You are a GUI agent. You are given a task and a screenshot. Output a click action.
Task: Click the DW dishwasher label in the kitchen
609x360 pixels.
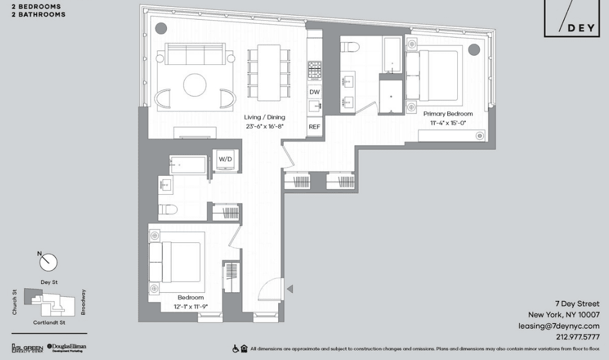coord(315,92)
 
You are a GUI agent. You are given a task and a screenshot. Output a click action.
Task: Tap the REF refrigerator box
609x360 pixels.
coord(315,127)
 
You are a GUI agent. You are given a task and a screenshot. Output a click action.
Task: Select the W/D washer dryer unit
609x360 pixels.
coord(225,160)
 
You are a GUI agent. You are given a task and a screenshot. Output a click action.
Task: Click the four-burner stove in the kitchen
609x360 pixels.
coord(315,70)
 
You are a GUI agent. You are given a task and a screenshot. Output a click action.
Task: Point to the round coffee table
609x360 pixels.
coord(195,85)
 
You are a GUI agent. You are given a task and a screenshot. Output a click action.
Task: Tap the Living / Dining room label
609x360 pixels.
coord(264,117)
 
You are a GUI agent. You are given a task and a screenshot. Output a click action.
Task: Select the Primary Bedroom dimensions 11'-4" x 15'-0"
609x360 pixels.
coord(448,123)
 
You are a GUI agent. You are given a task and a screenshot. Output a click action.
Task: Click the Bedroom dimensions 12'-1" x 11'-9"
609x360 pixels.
coord(191,306)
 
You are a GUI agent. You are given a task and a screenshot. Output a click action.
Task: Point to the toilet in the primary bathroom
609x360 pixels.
coord(349,47)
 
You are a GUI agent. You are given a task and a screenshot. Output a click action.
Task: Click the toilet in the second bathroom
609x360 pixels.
coord(168,210)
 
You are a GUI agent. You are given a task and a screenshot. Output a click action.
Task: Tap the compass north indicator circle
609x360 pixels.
coord(49,263)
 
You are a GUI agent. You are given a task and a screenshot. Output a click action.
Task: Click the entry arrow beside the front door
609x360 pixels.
coord(290,289)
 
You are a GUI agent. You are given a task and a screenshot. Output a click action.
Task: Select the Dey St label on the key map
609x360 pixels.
coord(49,282)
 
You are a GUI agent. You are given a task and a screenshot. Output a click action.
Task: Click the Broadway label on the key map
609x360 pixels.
coord(83,302)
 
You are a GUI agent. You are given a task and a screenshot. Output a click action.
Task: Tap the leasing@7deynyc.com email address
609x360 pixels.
coord(559,326)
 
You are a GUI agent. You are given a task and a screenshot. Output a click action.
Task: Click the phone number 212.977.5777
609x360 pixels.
coord(578,337)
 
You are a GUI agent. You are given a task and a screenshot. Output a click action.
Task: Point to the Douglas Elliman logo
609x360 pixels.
coord(67,347)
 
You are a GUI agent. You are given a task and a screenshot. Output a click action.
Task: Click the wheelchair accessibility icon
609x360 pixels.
coord(235,349)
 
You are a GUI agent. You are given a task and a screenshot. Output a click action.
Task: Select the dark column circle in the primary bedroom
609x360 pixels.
coord(474,49)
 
